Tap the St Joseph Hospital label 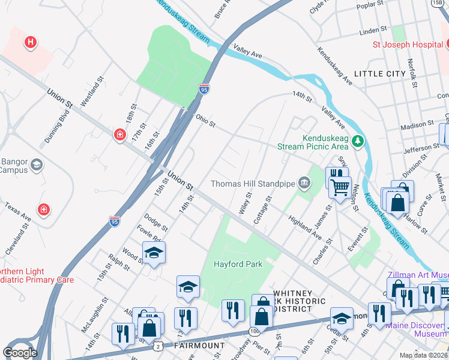click(x=408, y=44)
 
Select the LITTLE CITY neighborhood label click(x=379, y=73)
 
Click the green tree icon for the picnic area click(x=358, y=141)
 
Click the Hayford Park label click(x=238, y=264)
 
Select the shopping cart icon click(x=340, y=187)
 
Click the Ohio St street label click(x=205, y=121)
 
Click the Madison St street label click(x=417, y=125)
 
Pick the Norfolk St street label click(x=412, y=73)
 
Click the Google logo click(x=20, y=353)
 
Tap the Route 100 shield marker click(x=255, y=331)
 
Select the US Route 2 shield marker click(x=157, y=346)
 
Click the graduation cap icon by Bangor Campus click(x=36, y=164)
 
